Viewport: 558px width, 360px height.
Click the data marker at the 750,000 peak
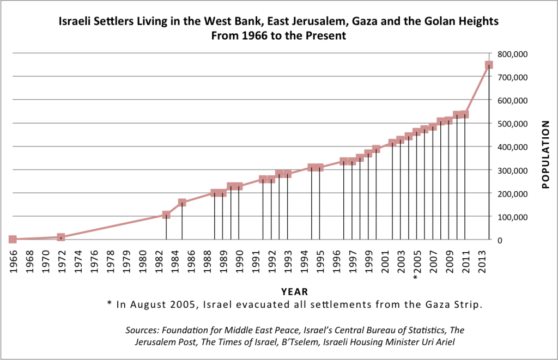pyautogui.click(x=489, y=65)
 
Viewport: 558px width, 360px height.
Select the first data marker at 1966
pyautogui.click(x=13, y=239)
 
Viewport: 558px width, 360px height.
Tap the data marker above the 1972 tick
pyautogui.click(x=61, y=237)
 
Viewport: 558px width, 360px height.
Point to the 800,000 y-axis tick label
pyautogui.click(x=514, y=54)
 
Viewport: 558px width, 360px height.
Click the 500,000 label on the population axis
pyautogui.click(x=514, y=124)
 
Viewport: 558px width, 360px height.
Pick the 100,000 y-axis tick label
pyautogui.click(x=514, y=217)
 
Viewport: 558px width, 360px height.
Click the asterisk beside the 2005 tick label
pyautogui.click(x=415, y=278)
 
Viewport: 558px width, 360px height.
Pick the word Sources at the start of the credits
pyautogui.click(x=142, y=331)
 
